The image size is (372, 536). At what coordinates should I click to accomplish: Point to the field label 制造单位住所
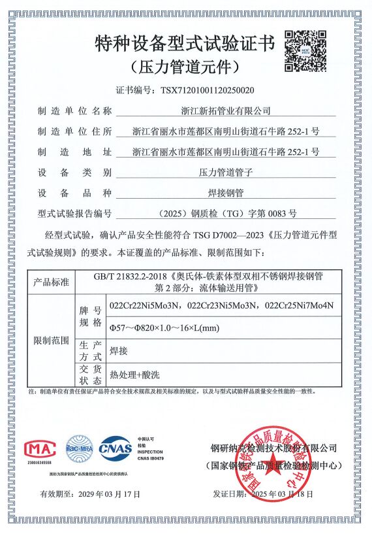pos(75,131)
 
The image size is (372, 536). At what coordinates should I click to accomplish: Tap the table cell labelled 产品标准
pos(51,282)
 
